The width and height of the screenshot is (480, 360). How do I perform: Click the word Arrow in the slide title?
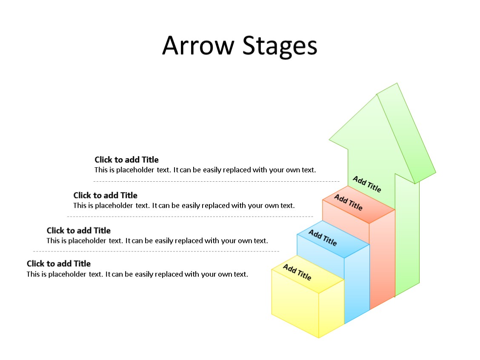pos(198,46)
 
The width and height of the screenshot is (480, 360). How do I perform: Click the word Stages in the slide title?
pos(280,46)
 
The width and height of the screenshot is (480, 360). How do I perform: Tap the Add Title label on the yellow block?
pos(297,272)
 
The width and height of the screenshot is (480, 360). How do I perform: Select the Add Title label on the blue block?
pos(323,237)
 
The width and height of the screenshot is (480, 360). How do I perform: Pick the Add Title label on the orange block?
pos(348,203)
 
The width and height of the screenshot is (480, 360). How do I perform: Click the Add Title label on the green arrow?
pos(367,184)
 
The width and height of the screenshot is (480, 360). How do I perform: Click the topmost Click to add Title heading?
pos(126,160)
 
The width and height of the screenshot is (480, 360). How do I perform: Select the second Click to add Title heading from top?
pos(105,195)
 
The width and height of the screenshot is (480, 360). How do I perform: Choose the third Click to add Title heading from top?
pos(78,230)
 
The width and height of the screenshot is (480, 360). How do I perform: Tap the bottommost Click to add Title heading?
pos(59,263)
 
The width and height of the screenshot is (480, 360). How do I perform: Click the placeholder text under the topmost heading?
pos(205,170)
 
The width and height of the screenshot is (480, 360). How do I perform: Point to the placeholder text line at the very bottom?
pos(137,274)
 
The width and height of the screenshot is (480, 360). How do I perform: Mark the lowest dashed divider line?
pos(156,251)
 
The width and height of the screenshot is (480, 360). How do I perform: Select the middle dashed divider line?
pos(190,217)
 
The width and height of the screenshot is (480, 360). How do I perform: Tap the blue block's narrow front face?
pos(357,283)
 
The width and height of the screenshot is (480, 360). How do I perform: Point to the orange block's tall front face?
pos(382,260)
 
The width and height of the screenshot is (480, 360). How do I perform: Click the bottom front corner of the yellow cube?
pos(319,338)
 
